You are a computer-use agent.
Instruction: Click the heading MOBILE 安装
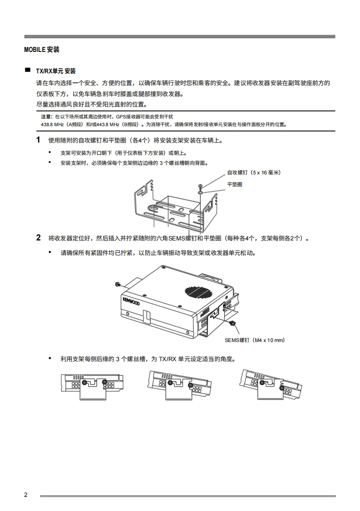pos(41,50)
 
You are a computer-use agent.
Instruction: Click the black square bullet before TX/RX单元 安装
pos(28,70)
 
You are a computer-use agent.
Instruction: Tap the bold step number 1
pos(38,140)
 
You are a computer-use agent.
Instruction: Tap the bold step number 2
pos(38,238)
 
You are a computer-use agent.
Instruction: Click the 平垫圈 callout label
pos(235,184)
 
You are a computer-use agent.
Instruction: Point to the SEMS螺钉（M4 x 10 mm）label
pos(254,340)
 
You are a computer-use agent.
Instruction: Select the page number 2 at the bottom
pos(26,495)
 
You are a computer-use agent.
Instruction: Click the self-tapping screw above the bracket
pos(200,186)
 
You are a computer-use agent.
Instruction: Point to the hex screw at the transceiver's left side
pos(118,285)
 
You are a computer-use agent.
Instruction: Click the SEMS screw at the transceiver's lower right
pos(232,323)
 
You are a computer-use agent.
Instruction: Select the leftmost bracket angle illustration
pos(92,385)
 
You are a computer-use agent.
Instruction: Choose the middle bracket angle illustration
pos(181,385)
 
